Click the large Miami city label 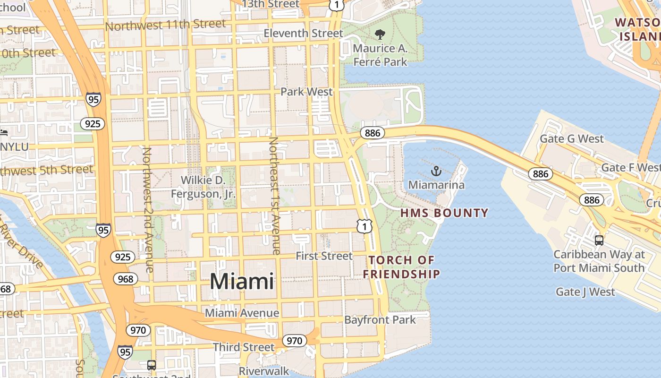point(242,282)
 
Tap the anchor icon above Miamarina point(436,171)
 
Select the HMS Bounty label point(444,213)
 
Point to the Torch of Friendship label point(401,267)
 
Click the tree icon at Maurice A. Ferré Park point(380,34)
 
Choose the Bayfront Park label point(380,320)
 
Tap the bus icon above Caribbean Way point(599,241)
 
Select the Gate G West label point(572,139)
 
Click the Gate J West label point(585,292)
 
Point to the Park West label point(307,92)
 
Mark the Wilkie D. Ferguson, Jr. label point(203,187)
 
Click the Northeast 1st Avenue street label point(274,196)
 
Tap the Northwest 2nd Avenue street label point(148,210)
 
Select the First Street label point(324,256)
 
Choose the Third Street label point(244,347)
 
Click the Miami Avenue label point(242,313)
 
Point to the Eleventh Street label point(303,34)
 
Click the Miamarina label point(436,185)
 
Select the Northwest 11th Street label point(166,25)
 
